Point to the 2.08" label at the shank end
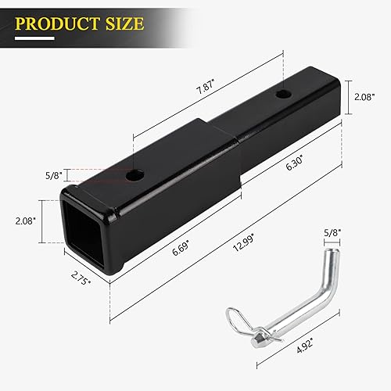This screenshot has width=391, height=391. pyautogui.click(x=363, y=98)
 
